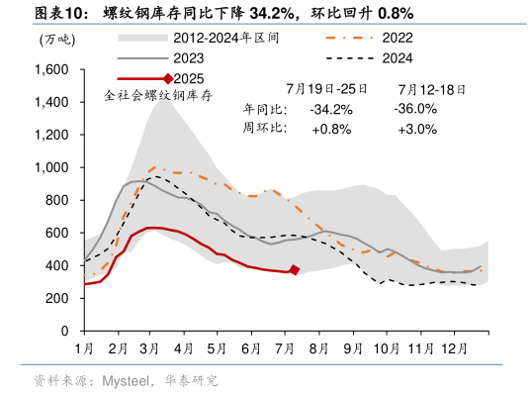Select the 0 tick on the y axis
pos(63,331)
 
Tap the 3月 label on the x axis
pos(150,348)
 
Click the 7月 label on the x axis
pos(286,348)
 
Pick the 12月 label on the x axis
pos(456,348)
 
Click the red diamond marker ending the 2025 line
pos(295,270)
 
